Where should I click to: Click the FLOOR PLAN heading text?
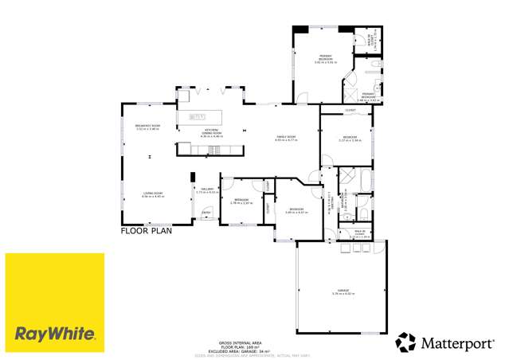pos(146,232)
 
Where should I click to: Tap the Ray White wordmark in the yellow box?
pos(55,333)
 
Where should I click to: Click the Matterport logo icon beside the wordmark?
pos(405,342)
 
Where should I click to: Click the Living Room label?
pos(142,194)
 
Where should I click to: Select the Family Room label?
pos(287,138)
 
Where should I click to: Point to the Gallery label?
pos(207,190)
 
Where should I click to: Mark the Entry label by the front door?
pos(206,213)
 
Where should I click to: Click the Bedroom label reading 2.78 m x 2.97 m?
pos(241,201)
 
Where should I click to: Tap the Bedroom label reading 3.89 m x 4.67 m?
pos(296,211)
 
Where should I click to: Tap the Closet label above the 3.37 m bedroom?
pos(350,111)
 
